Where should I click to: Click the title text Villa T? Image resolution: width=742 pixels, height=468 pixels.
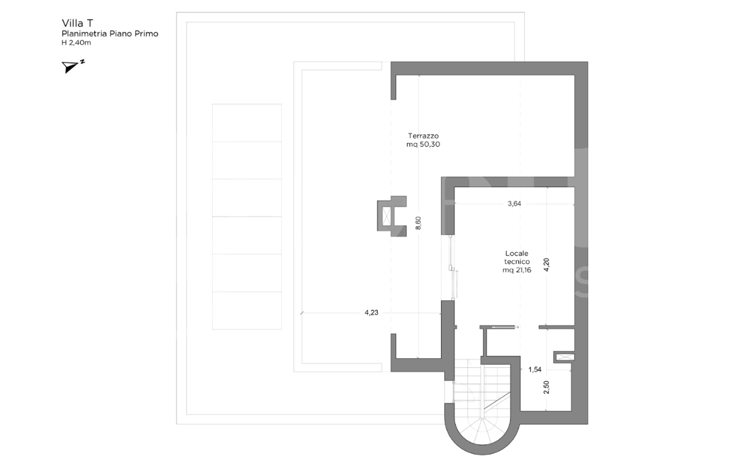tap(77, 22)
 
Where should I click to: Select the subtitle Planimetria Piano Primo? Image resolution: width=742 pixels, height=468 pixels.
tap(109, 33)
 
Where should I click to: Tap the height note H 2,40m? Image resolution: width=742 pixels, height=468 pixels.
tap(76, 42)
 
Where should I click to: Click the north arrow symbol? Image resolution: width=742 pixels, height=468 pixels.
tap(72, 66)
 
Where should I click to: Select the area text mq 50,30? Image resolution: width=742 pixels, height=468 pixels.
tap(423, 145)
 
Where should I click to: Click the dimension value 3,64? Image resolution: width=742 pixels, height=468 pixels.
tap(514, 203)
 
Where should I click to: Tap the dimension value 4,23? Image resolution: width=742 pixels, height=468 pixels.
tap(371, 313)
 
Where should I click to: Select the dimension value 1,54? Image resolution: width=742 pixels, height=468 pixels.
tap(535, 370)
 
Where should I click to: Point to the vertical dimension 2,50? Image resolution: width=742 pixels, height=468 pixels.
tap(546, 387)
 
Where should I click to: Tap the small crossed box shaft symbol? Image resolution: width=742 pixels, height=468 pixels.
tap(563, 356)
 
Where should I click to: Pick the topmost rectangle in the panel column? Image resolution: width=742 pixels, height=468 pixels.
tap(246, 122)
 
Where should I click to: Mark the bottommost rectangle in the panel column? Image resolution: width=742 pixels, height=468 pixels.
tap(246, 310)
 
